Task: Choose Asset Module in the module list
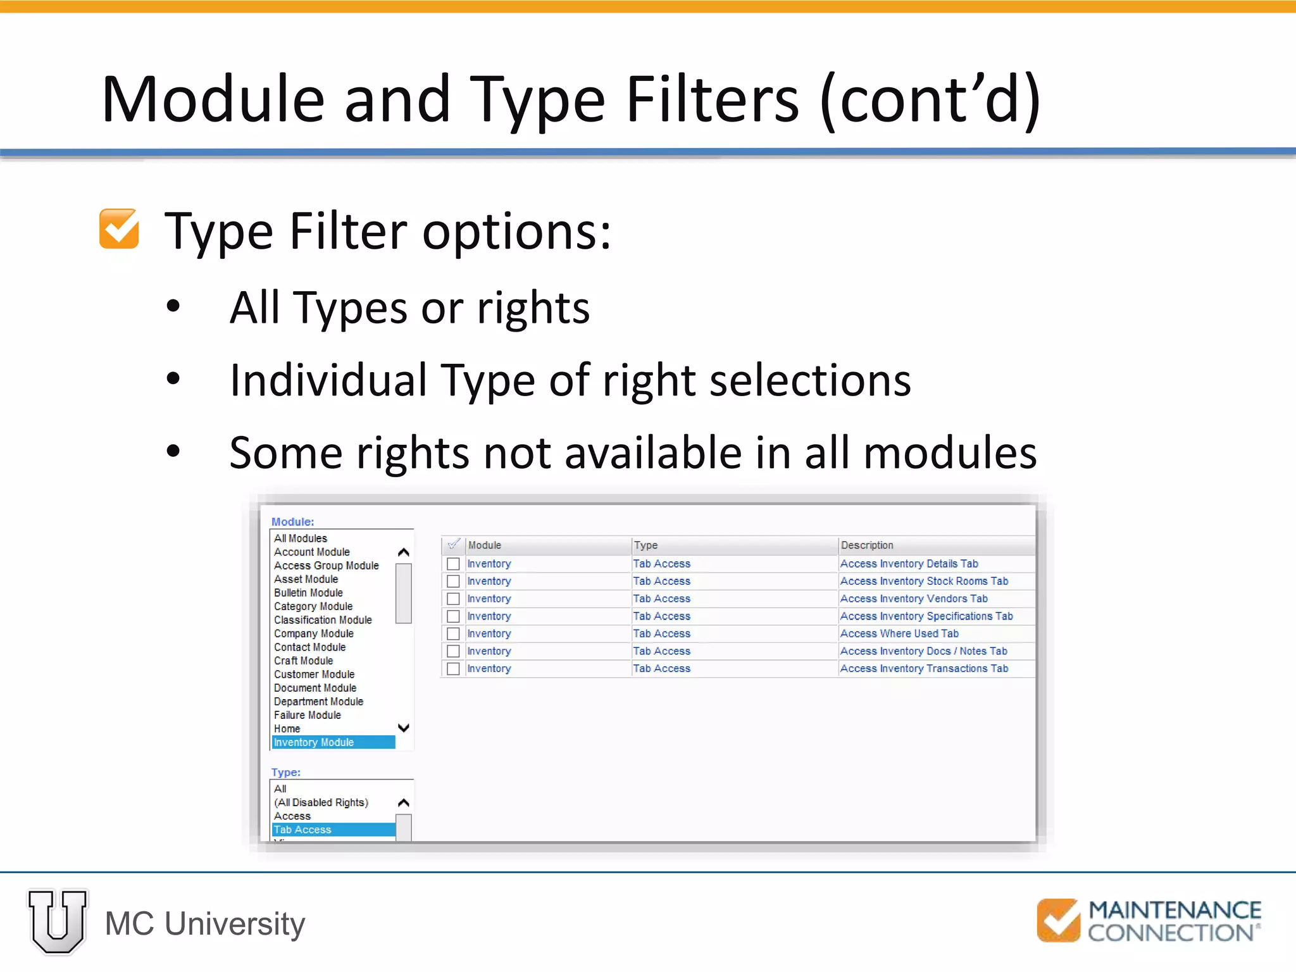pyautogui.click(x=306, y=579)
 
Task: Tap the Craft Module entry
pyautogui.click(x=303, y=661)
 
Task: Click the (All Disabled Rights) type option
pyautogui.click(x=321, y=802)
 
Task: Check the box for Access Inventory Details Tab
pyautogui.click(x=453, y=564)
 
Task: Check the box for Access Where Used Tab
pyautogui.click(x=453, y=633)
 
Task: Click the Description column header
pyautogui.click(x=867, y=545)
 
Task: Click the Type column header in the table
pyautogui.click(x=645, y=545)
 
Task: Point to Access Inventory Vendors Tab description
pyautogui.click(x=913, y=599)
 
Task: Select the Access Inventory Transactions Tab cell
pyautogui.click(x=924, y=668)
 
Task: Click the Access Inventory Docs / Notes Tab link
pyautogui.click(x=923, y=651)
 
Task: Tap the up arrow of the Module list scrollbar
pyautogui.click(x=403, y=552)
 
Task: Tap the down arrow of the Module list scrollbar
pyautogui.click(x=403, y=728)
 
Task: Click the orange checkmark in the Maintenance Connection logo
pyautogui.click(x=1058, y=920)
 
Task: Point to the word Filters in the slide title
pyautogui.click(x=713, y=100)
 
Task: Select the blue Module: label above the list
pyautogui.click(x=292, y=522)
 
